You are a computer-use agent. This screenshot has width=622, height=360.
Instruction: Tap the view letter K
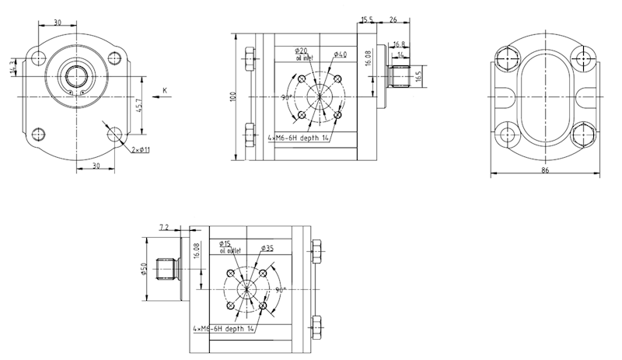166,91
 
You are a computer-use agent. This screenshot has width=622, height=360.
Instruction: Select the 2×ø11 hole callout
140,149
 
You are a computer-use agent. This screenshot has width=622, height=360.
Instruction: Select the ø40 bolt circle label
340,54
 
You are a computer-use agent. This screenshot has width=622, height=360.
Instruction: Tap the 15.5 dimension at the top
367,19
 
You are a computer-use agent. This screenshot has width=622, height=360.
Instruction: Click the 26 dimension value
393,19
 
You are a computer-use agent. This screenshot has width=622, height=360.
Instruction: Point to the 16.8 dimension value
400,44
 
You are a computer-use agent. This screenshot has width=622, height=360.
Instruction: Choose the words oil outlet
230,250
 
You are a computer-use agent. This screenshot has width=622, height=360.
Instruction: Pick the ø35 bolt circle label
267,248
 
